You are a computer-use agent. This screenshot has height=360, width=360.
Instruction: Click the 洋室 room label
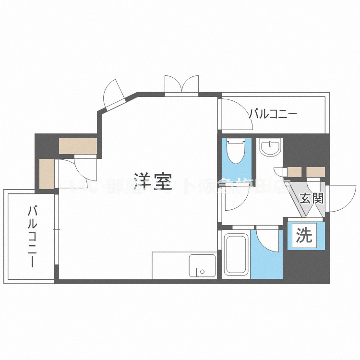153,181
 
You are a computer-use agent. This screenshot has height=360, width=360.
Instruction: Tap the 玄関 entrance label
311,198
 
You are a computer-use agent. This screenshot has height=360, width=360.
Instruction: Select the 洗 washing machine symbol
304,236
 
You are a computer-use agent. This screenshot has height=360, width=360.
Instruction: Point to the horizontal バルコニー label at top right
273,114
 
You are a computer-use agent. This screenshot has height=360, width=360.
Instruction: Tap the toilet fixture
236,151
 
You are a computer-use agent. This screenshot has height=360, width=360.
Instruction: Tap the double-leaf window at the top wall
181,84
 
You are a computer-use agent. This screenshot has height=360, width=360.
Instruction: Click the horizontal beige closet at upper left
78,146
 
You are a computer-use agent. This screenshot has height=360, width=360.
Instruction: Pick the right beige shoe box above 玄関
316,172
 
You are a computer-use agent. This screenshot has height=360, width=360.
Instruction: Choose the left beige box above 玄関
294,172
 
